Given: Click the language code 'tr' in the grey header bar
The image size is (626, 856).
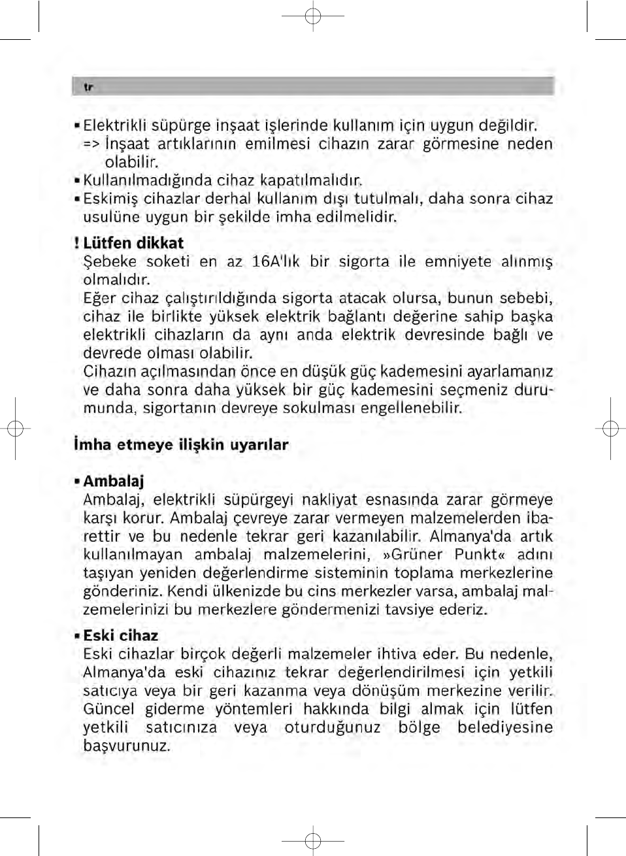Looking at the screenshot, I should coord(88,87).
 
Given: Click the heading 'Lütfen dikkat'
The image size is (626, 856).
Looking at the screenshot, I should coord(133,243).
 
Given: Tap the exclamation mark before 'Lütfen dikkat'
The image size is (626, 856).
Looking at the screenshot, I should coord(76,243).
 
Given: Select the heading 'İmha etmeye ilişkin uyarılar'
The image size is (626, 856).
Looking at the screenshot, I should coord(181,445).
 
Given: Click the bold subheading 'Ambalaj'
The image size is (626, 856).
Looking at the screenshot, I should coord(114,482).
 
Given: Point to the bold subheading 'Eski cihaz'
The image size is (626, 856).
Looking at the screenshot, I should coord(120,635).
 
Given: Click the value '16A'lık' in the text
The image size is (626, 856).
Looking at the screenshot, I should coord(276,262).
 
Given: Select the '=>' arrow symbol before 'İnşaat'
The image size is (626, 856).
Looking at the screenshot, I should coord(90,144).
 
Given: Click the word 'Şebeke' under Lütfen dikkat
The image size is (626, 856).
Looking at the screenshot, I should coord(110,262).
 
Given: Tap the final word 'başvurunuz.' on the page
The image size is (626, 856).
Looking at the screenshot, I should coord(126,746).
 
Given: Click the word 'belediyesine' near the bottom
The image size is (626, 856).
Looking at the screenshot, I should coord(504,727).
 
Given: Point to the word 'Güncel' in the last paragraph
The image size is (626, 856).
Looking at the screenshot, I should coord(108,709).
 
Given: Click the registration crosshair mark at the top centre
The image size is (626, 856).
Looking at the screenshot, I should coord(313,15).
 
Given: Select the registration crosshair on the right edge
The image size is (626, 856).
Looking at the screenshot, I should coord(610,429).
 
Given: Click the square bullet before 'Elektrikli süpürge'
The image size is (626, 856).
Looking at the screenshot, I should coord(77,125).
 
